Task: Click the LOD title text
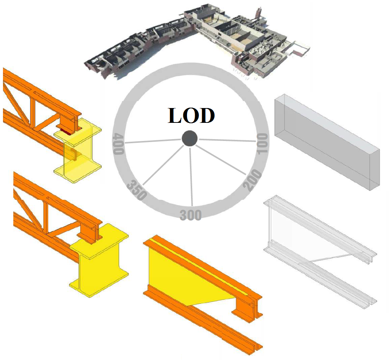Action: (x=191, y=115)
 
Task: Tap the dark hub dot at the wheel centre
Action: (x=190, y=139)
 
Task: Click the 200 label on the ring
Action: (x=254, y=180)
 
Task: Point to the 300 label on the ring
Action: (x=191, y=215)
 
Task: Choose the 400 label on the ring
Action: (x=118, y=144)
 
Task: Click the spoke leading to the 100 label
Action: (x=227, y=140)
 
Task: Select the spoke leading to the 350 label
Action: (x=164, y=164)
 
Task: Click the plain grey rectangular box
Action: (x=327, y=142)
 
